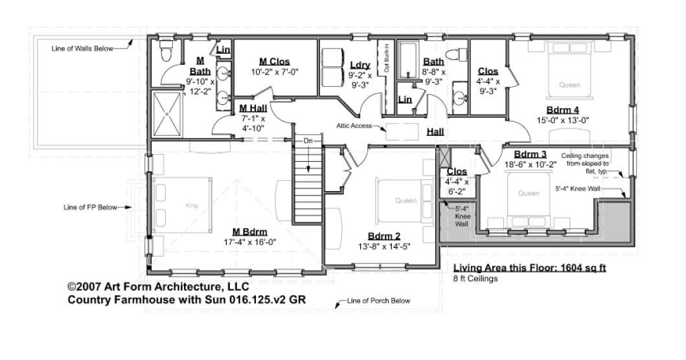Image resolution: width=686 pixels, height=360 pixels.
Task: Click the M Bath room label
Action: [x=200, y=66]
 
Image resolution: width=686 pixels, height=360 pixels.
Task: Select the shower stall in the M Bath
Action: [x=166, y=114]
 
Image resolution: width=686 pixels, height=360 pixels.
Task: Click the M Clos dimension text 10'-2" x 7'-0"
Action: [x=274, y=72]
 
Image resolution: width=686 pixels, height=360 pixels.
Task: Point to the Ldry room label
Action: [x=360, y=65]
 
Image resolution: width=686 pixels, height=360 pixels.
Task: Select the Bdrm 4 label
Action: [x=563, y=110]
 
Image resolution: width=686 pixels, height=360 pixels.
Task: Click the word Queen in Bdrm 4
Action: [x=569, y=85]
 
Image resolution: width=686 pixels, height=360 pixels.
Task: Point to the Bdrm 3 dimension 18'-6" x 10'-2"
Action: [x=530, y=164]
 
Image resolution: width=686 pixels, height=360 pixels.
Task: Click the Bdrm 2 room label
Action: [x=383, y=236]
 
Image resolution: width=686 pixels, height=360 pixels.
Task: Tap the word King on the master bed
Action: [x=192, y=205]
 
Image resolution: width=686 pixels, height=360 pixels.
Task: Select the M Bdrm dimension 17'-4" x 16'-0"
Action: [x=250, y=242]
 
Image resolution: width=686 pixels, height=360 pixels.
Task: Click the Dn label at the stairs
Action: [x=308, y=141]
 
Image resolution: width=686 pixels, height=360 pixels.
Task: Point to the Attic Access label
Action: [x=354, y=126]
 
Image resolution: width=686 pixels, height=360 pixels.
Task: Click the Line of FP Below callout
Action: [x=90, y=207]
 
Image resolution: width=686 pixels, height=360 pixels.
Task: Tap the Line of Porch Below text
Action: [x=378, y=300]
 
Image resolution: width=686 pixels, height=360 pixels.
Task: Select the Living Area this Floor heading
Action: [x=529, y=267]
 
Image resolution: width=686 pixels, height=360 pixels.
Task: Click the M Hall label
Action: [x=253, y=108]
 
